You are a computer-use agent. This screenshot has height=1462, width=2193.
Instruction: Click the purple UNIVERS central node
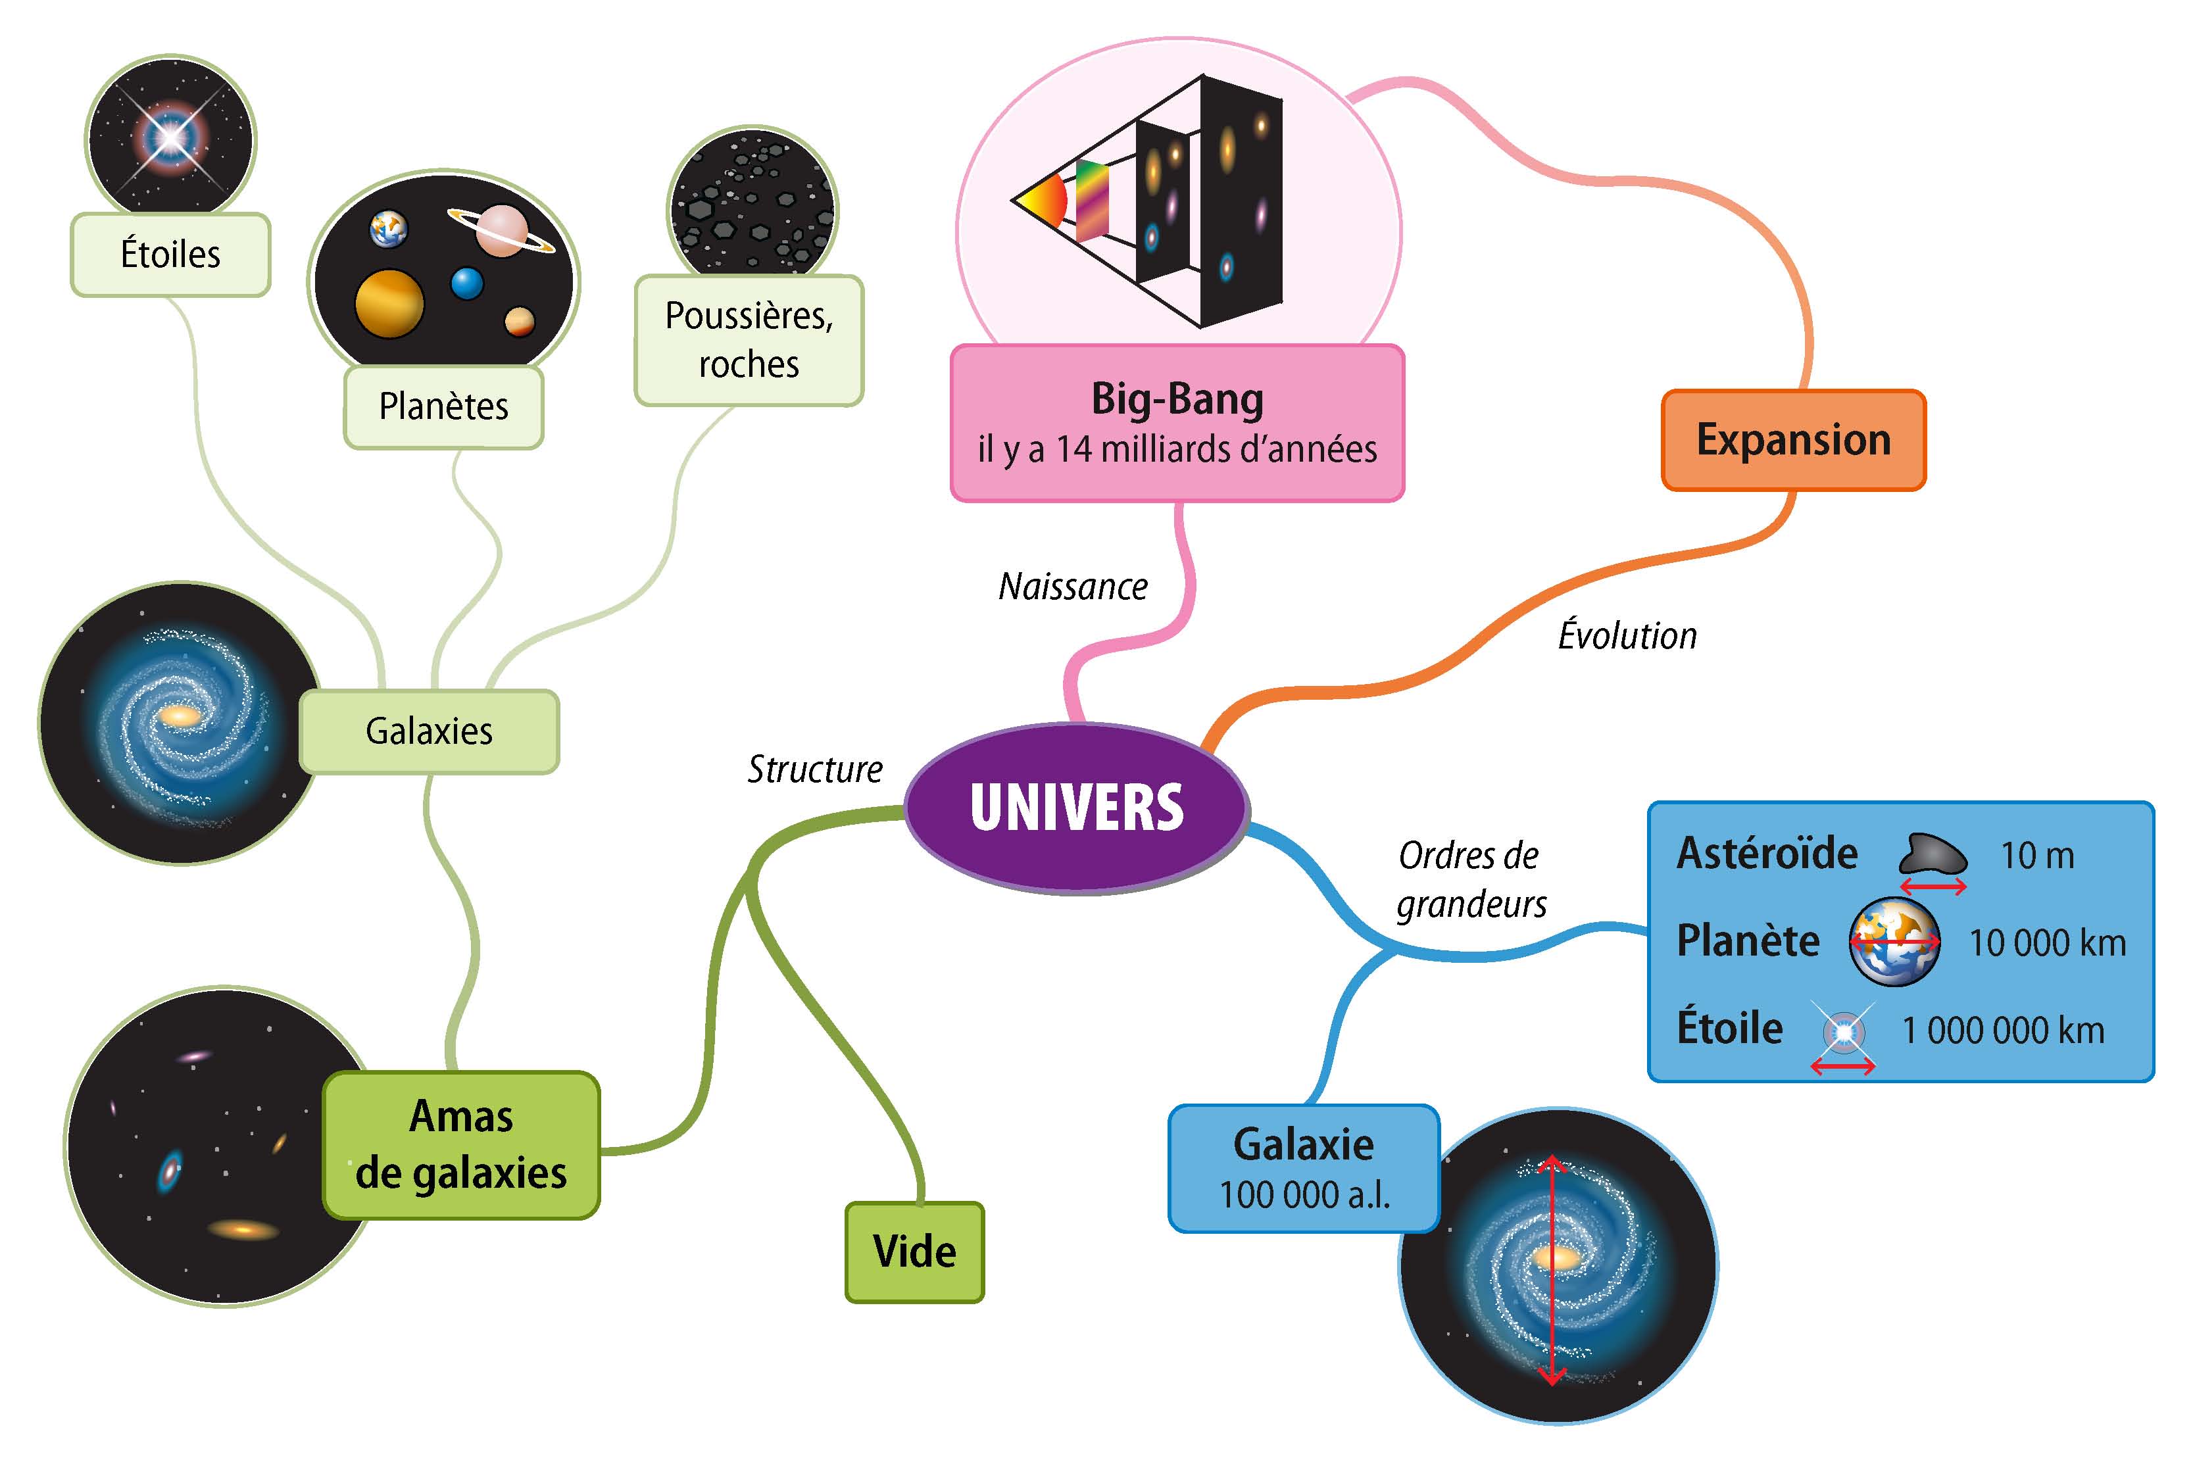pyautogui.click(x=1077, y=808)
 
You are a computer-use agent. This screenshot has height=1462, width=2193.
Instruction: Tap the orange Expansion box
pyautogui.click(x=1793, y=440)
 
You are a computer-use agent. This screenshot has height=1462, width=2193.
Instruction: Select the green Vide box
pyautogui.click(x=915, y=1252)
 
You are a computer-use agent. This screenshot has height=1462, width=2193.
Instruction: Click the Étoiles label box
pyautogui.click(x=170, y=255)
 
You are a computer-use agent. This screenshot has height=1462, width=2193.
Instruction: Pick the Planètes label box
pyautogui.click(x=444, y=406)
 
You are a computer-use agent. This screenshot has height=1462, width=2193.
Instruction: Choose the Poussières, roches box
pyautogui.click(x=749, y=339)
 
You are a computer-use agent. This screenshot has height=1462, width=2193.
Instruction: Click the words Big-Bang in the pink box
pyautogui.click(x=1177, y=399)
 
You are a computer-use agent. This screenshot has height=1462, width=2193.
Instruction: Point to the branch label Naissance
pyautogui.click(x=1073, y=587)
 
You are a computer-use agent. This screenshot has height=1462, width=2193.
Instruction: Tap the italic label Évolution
pyautogui.click(x=1627, y=636)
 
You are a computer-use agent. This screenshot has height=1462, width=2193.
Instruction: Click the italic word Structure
pyautogui.click(x=815, y=769)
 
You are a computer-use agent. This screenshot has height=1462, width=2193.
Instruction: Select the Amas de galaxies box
pyautogui.click(x=462, y=1144)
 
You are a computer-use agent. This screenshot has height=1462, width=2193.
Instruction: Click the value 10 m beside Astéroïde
pyautogui.click(x=2037, y=856)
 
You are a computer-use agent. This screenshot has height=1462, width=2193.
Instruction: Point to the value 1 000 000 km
pyautogui.click(x=2003, y=1031)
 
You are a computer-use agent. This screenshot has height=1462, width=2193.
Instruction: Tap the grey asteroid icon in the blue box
pyautogui.click(x=1933, y=853)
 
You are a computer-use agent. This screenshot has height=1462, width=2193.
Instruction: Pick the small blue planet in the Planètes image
pyautogui.click(x=467, y=283)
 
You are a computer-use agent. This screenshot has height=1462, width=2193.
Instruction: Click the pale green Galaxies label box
pyautogui.click(x=429, y=731)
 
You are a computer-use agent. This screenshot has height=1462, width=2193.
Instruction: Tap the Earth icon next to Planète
pyautogui.click(x=1894, y=942)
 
